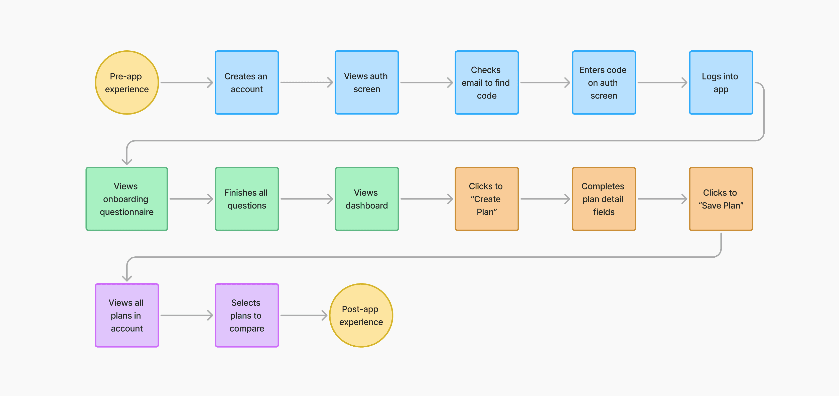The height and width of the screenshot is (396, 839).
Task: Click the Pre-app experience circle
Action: [127, 82]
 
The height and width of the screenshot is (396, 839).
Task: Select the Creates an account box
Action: [246, 82]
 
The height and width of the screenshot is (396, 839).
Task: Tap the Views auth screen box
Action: [366, 82]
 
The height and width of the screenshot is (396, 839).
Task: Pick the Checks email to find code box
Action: [486, 82]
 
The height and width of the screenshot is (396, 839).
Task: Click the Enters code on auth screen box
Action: [604, 82]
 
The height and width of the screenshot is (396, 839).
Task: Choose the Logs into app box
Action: [721, 82]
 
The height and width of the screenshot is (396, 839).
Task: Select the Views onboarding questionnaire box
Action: [127, 199]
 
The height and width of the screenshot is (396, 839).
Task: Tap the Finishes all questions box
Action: [246, 199]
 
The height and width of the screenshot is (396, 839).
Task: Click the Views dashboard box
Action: [366, 199]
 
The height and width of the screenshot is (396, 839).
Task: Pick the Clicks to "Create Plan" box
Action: [486, 199]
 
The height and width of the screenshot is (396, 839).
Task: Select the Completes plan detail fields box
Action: [604, 199]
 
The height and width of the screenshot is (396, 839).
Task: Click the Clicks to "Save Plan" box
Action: [721, 199]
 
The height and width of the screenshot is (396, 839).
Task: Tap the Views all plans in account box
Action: [127, 315]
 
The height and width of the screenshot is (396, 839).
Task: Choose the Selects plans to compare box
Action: [246, 315]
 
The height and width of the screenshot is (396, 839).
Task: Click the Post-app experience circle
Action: [361, 315]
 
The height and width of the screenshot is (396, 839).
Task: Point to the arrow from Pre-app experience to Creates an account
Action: [187, 82]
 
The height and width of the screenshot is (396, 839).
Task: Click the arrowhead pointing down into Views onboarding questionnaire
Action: [127, 161]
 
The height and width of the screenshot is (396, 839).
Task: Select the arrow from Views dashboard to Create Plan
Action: [426, 199]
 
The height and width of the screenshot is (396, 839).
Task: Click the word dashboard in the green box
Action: [366, 206]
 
